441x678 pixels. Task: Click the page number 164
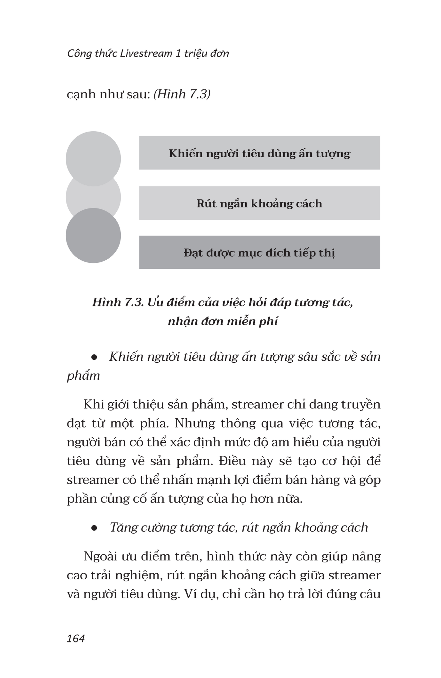pos(76,638)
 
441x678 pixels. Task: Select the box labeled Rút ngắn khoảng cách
pos(259,203)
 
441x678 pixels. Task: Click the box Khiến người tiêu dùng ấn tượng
pos(259,153)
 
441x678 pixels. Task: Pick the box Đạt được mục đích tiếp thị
pos(259,253)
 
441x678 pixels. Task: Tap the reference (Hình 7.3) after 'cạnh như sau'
pos(182,94)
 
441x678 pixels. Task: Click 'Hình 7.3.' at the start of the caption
pos(118,302)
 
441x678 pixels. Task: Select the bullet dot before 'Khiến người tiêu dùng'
pos(94,357)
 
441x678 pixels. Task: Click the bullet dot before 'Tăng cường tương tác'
pos(94,528)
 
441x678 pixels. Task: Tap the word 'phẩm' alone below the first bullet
pos(83,376)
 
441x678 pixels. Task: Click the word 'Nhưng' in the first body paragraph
pos(195,423)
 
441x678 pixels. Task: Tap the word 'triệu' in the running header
pos(196,54)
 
